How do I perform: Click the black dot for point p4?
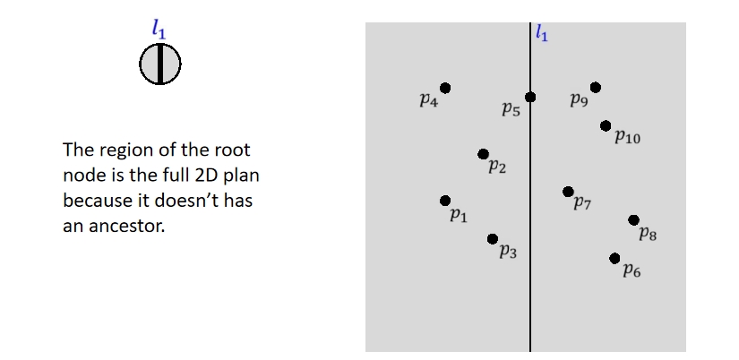pos(445,88)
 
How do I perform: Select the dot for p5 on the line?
pos(530,97)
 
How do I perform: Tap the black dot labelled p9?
pos(596,87)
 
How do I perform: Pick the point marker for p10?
pos(606,125)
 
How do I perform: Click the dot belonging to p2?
pos(483,154)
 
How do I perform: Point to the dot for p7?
pos(567,191)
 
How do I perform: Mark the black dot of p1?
pos(445,201)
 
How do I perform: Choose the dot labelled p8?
pos(633,219)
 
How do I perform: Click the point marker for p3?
pos(493,238)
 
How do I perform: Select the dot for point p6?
pos(614,258)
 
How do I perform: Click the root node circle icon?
pos(160,64)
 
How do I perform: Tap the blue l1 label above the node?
pos(159,30)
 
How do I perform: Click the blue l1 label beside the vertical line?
pos(541,35)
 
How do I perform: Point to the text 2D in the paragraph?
pos(210,175)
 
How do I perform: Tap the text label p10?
pos(627,138)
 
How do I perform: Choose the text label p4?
pos(428,100)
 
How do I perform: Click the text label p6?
pos(632,270)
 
